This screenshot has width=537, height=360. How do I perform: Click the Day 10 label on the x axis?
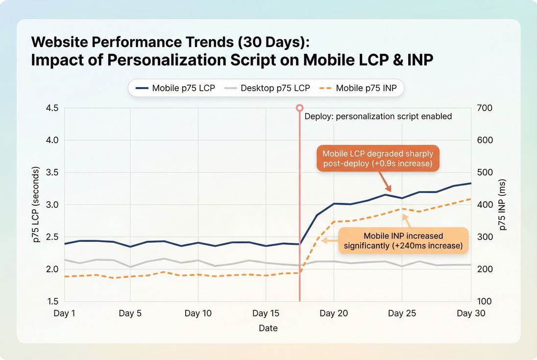pyautogui.click(x=198, y=313)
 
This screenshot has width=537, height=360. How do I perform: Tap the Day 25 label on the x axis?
pyautogui.click(x=402, y=313)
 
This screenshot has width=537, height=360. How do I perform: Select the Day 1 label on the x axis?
pyautogui.click(x=64, y=313)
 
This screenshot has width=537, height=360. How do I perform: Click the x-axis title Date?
pyautogui.click(x=268, y=328)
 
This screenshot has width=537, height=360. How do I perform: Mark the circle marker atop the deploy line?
pyautogui.click(x=299, y=107)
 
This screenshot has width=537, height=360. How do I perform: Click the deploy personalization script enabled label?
pyautogui.click(x=378, y=117)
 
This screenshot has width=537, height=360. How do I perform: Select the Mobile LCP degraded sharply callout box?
pyautogui.click(x=377, y=158)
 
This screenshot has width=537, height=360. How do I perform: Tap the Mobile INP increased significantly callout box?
pyautogui.click(x=403, y=240)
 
